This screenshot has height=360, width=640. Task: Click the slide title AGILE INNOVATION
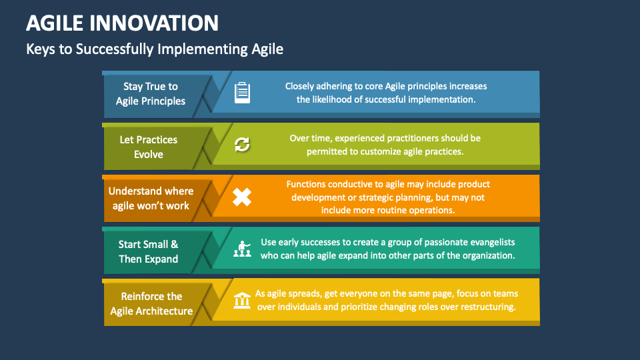pos(122,23)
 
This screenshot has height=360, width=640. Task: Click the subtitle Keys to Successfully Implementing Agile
pos(155,49)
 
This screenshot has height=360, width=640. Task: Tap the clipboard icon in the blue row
pos(242,93)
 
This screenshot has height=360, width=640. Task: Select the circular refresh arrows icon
pos(242,145)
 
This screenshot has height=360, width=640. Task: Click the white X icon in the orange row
pos(242,197)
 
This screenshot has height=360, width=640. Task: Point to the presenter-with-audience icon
pos(242,249)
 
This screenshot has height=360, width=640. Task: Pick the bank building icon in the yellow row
pos(242,301)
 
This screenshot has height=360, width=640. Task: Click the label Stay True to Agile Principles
pos(151,94)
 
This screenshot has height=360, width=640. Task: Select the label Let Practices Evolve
pos(149,147)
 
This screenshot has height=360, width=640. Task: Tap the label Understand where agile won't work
pos(151,199)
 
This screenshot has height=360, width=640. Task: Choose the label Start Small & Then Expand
pos(149,251)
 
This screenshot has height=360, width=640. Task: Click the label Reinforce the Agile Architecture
pos(151,303)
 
